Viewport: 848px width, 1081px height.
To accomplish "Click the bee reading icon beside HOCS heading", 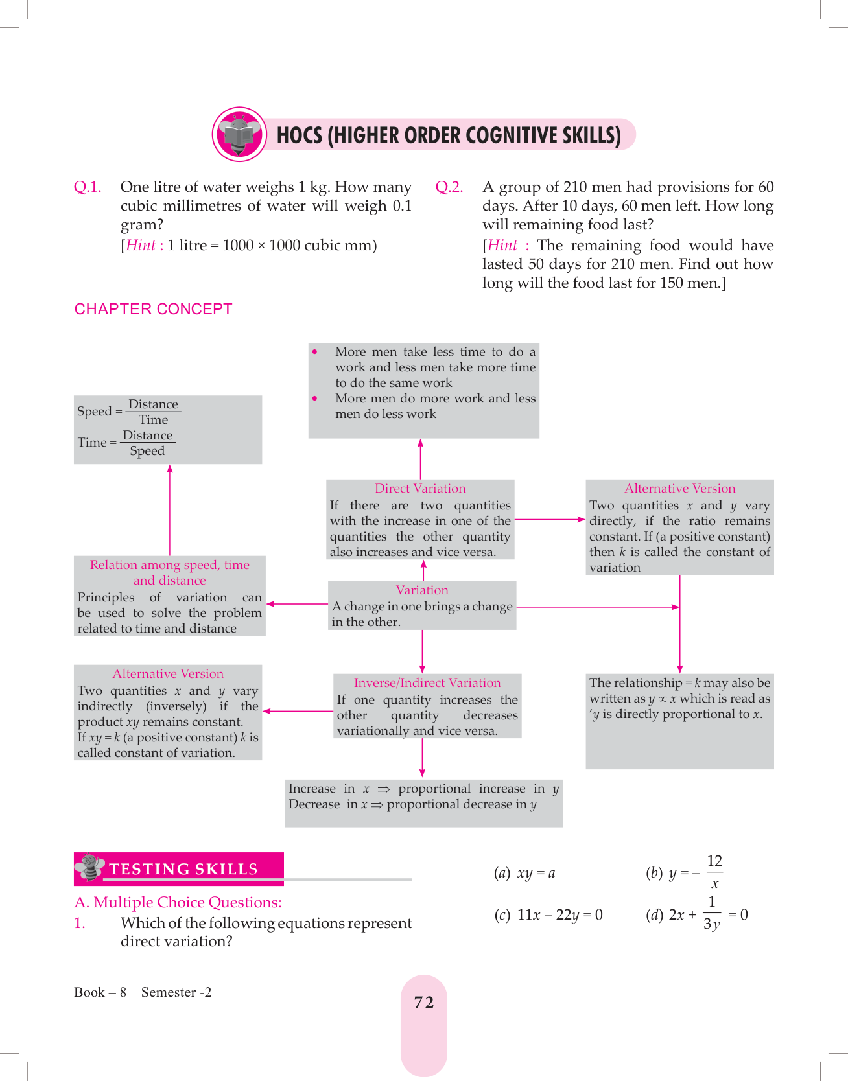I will coord(239,134).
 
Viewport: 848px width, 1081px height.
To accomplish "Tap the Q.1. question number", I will coord(88,187).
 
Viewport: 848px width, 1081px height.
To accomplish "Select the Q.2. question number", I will coord(449,187).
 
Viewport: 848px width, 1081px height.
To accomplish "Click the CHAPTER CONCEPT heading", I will coord(153,309).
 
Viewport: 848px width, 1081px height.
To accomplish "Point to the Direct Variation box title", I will coord(420,489).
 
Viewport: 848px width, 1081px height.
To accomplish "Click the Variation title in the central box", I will coord(422,590).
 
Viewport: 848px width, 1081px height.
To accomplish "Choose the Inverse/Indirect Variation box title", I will coord(427,683).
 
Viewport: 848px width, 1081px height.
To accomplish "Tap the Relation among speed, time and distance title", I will coord(169,572).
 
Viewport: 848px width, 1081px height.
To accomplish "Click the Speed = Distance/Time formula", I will coord(128,412).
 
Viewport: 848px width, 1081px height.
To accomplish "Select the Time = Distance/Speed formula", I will coord(126,443).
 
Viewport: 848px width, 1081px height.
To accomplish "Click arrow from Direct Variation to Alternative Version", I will coord(550,519).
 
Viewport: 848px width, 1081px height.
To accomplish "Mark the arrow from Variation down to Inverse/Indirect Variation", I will coord(422,651).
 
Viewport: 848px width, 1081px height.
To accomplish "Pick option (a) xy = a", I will coord(524,874).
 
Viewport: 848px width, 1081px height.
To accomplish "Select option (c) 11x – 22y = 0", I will coord(548,915).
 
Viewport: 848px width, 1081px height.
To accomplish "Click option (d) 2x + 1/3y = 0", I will coord(697,914).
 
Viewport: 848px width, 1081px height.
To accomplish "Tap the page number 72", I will coord(424,1003).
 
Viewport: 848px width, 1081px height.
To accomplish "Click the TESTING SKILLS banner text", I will coord(183,869).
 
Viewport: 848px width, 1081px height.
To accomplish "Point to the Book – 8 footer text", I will coord(100,992).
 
